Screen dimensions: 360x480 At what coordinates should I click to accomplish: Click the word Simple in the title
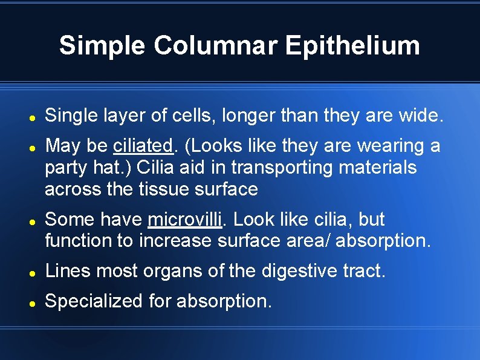[x=102, y=45]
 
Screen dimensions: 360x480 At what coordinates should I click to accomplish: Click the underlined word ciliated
[x=143, y=146]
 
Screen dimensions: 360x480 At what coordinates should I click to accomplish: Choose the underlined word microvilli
[x=184, y=219]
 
